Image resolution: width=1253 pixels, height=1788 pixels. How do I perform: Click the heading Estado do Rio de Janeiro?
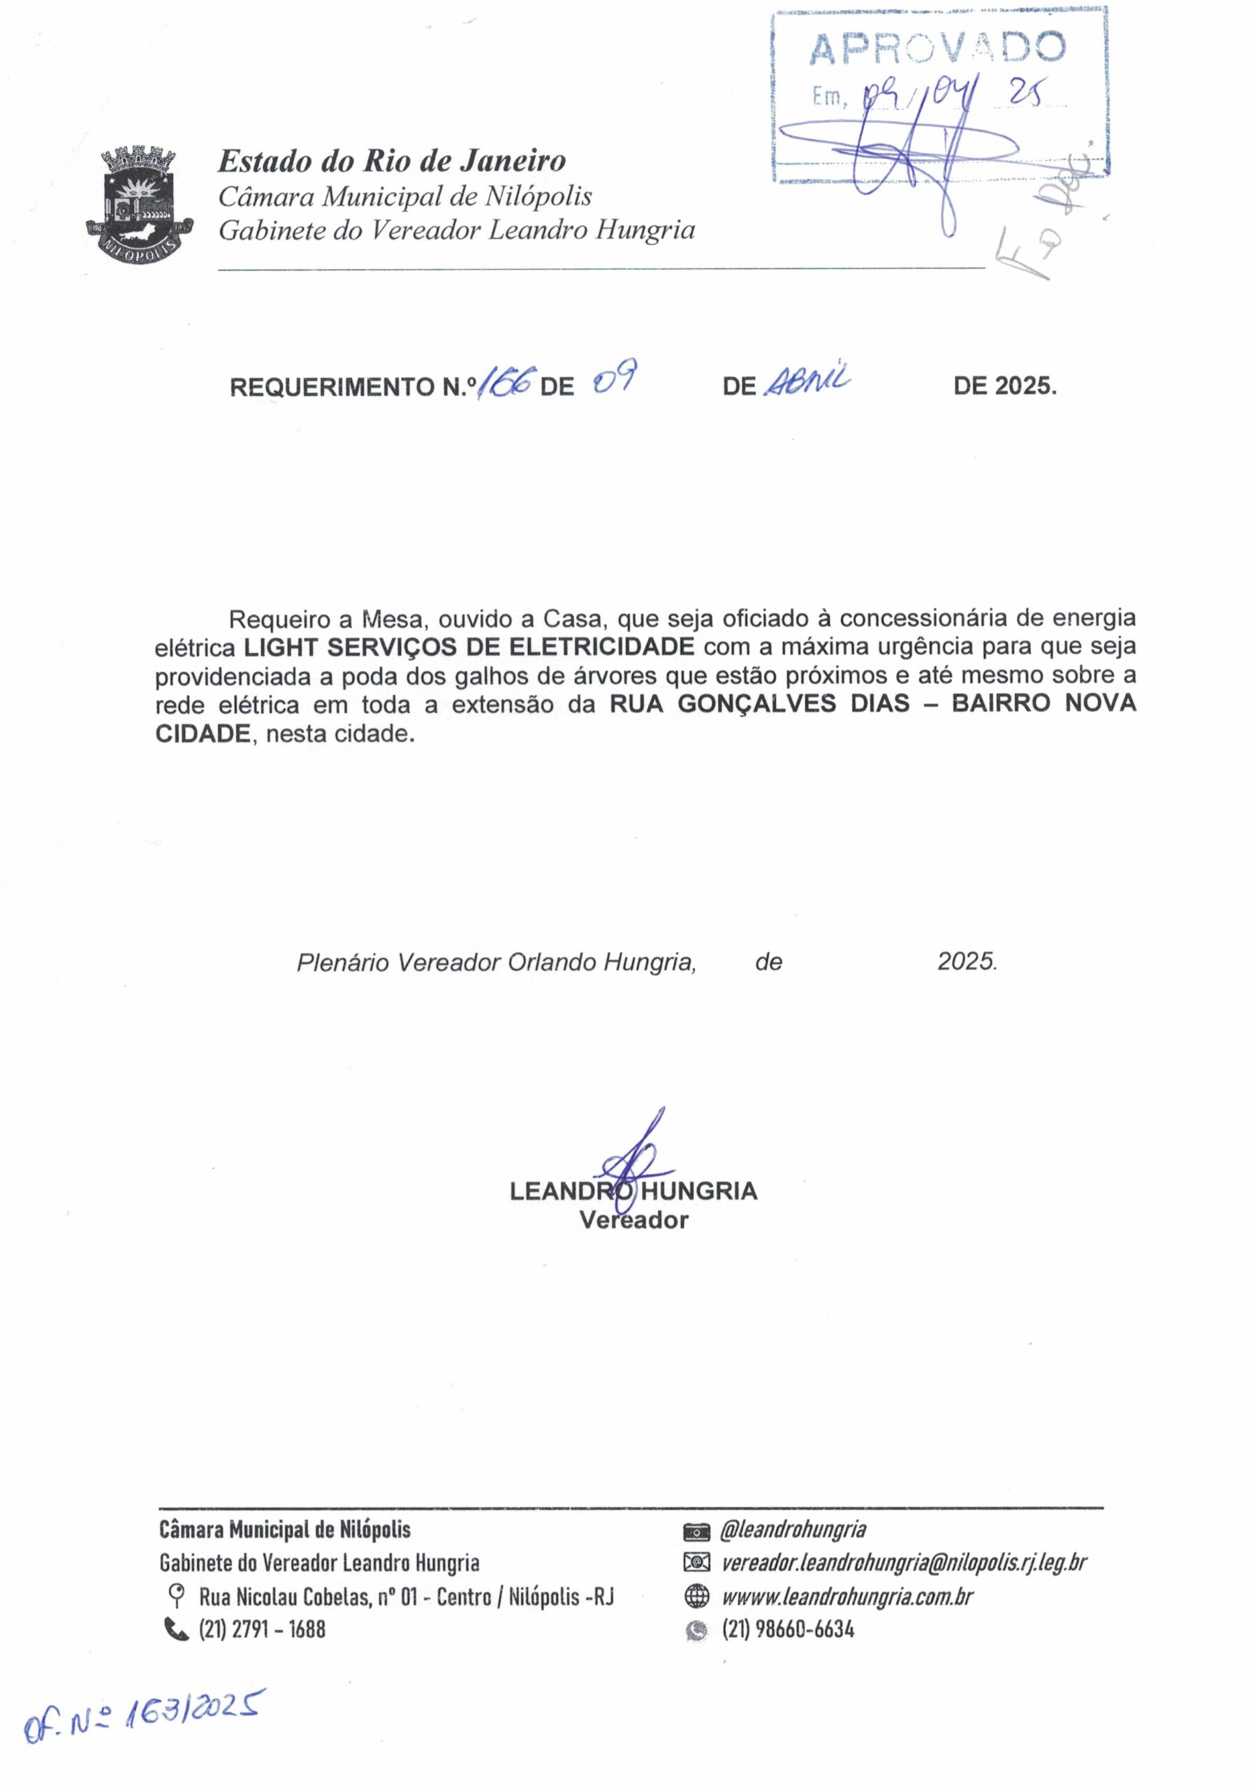point(392,161)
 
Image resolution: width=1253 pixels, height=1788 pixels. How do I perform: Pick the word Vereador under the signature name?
point(633,1220)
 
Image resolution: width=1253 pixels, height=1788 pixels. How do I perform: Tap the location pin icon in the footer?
point(176,1597)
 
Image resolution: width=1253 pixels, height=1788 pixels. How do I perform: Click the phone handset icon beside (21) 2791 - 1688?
point(177,1629)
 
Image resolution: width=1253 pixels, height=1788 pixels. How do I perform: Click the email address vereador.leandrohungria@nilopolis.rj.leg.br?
point(904,1563)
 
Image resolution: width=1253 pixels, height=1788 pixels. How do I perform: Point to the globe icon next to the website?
point(697,1597)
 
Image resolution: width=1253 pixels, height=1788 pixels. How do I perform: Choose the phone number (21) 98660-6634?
point(788,1629)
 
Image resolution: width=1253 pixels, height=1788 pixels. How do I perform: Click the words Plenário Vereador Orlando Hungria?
point(496,962)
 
